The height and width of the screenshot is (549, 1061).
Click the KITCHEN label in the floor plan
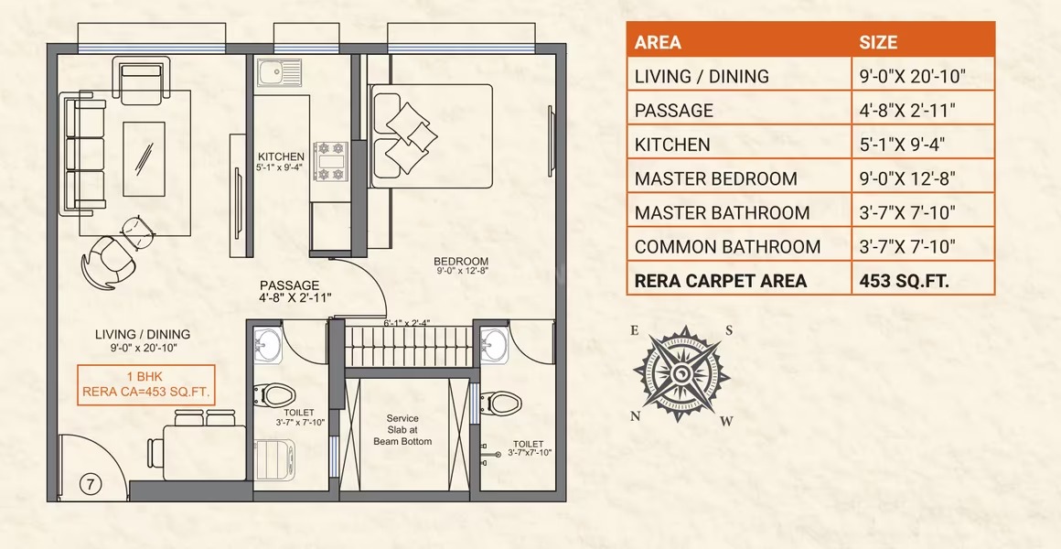tap(281, 157)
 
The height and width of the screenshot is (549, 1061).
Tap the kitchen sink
tap(279, 73)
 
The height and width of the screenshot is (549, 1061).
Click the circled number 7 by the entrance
tap(90, 484)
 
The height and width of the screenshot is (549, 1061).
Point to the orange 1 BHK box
tap(146, 384)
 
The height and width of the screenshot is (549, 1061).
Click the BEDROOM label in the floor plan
tap(461, 262)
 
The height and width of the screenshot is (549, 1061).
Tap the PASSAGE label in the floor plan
tap(290, 285)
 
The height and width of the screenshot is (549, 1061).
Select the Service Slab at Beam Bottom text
tap(402, 430)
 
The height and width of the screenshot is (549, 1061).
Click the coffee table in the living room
tap(145, 159)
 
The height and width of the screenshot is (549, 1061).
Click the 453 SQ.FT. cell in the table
tap(904, 281)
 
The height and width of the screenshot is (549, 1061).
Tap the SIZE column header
tap(878, 42)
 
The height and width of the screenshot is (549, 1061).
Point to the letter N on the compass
tap(636, 416)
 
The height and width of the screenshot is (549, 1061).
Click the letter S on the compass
tap(730, 330)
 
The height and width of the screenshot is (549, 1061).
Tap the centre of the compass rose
tap(681, 373)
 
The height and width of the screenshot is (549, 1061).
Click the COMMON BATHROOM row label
tap(727, 246)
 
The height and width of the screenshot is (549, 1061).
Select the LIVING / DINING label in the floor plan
tap(142, 334)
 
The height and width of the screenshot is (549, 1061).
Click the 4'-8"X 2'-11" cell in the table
tap(907, 111)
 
